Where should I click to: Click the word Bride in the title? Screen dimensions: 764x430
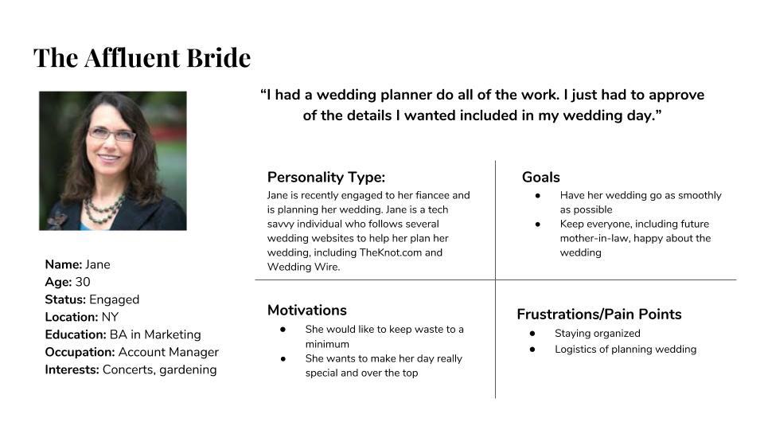click(x=219, y=57)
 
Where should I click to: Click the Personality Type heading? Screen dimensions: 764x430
click(x=326, y=178)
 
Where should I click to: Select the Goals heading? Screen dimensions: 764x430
click(x=541, y=177)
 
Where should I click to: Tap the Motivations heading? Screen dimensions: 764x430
click(x=307, y=310)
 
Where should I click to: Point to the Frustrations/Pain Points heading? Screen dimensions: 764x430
click(x=598, y=315)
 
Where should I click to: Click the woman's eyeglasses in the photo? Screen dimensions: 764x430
click(x=111, y=134)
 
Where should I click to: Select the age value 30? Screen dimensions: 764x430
click(x=82, y=282)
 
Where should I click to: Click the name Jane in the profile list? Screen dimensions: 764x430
click(x=97, y=264)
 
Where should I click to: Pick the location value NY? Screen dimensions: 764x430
click(x=110, y=317)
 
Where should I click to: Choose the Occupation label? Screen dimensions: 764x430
click(x=80, y=353)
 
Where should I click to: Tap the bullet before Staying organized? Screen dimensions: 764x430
click(x=532, y=334)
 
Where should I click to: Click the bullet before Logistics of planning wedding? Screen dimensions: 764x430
click(x=532, y=349)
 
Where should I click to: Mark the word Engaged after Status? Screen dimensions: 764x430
click(x=114, y=300)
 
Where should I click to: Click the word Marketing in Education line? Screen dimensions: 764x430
click(x=173, y=335)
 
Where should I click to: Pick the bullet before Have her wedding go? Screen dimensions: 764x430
click(x=537, y=196)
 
